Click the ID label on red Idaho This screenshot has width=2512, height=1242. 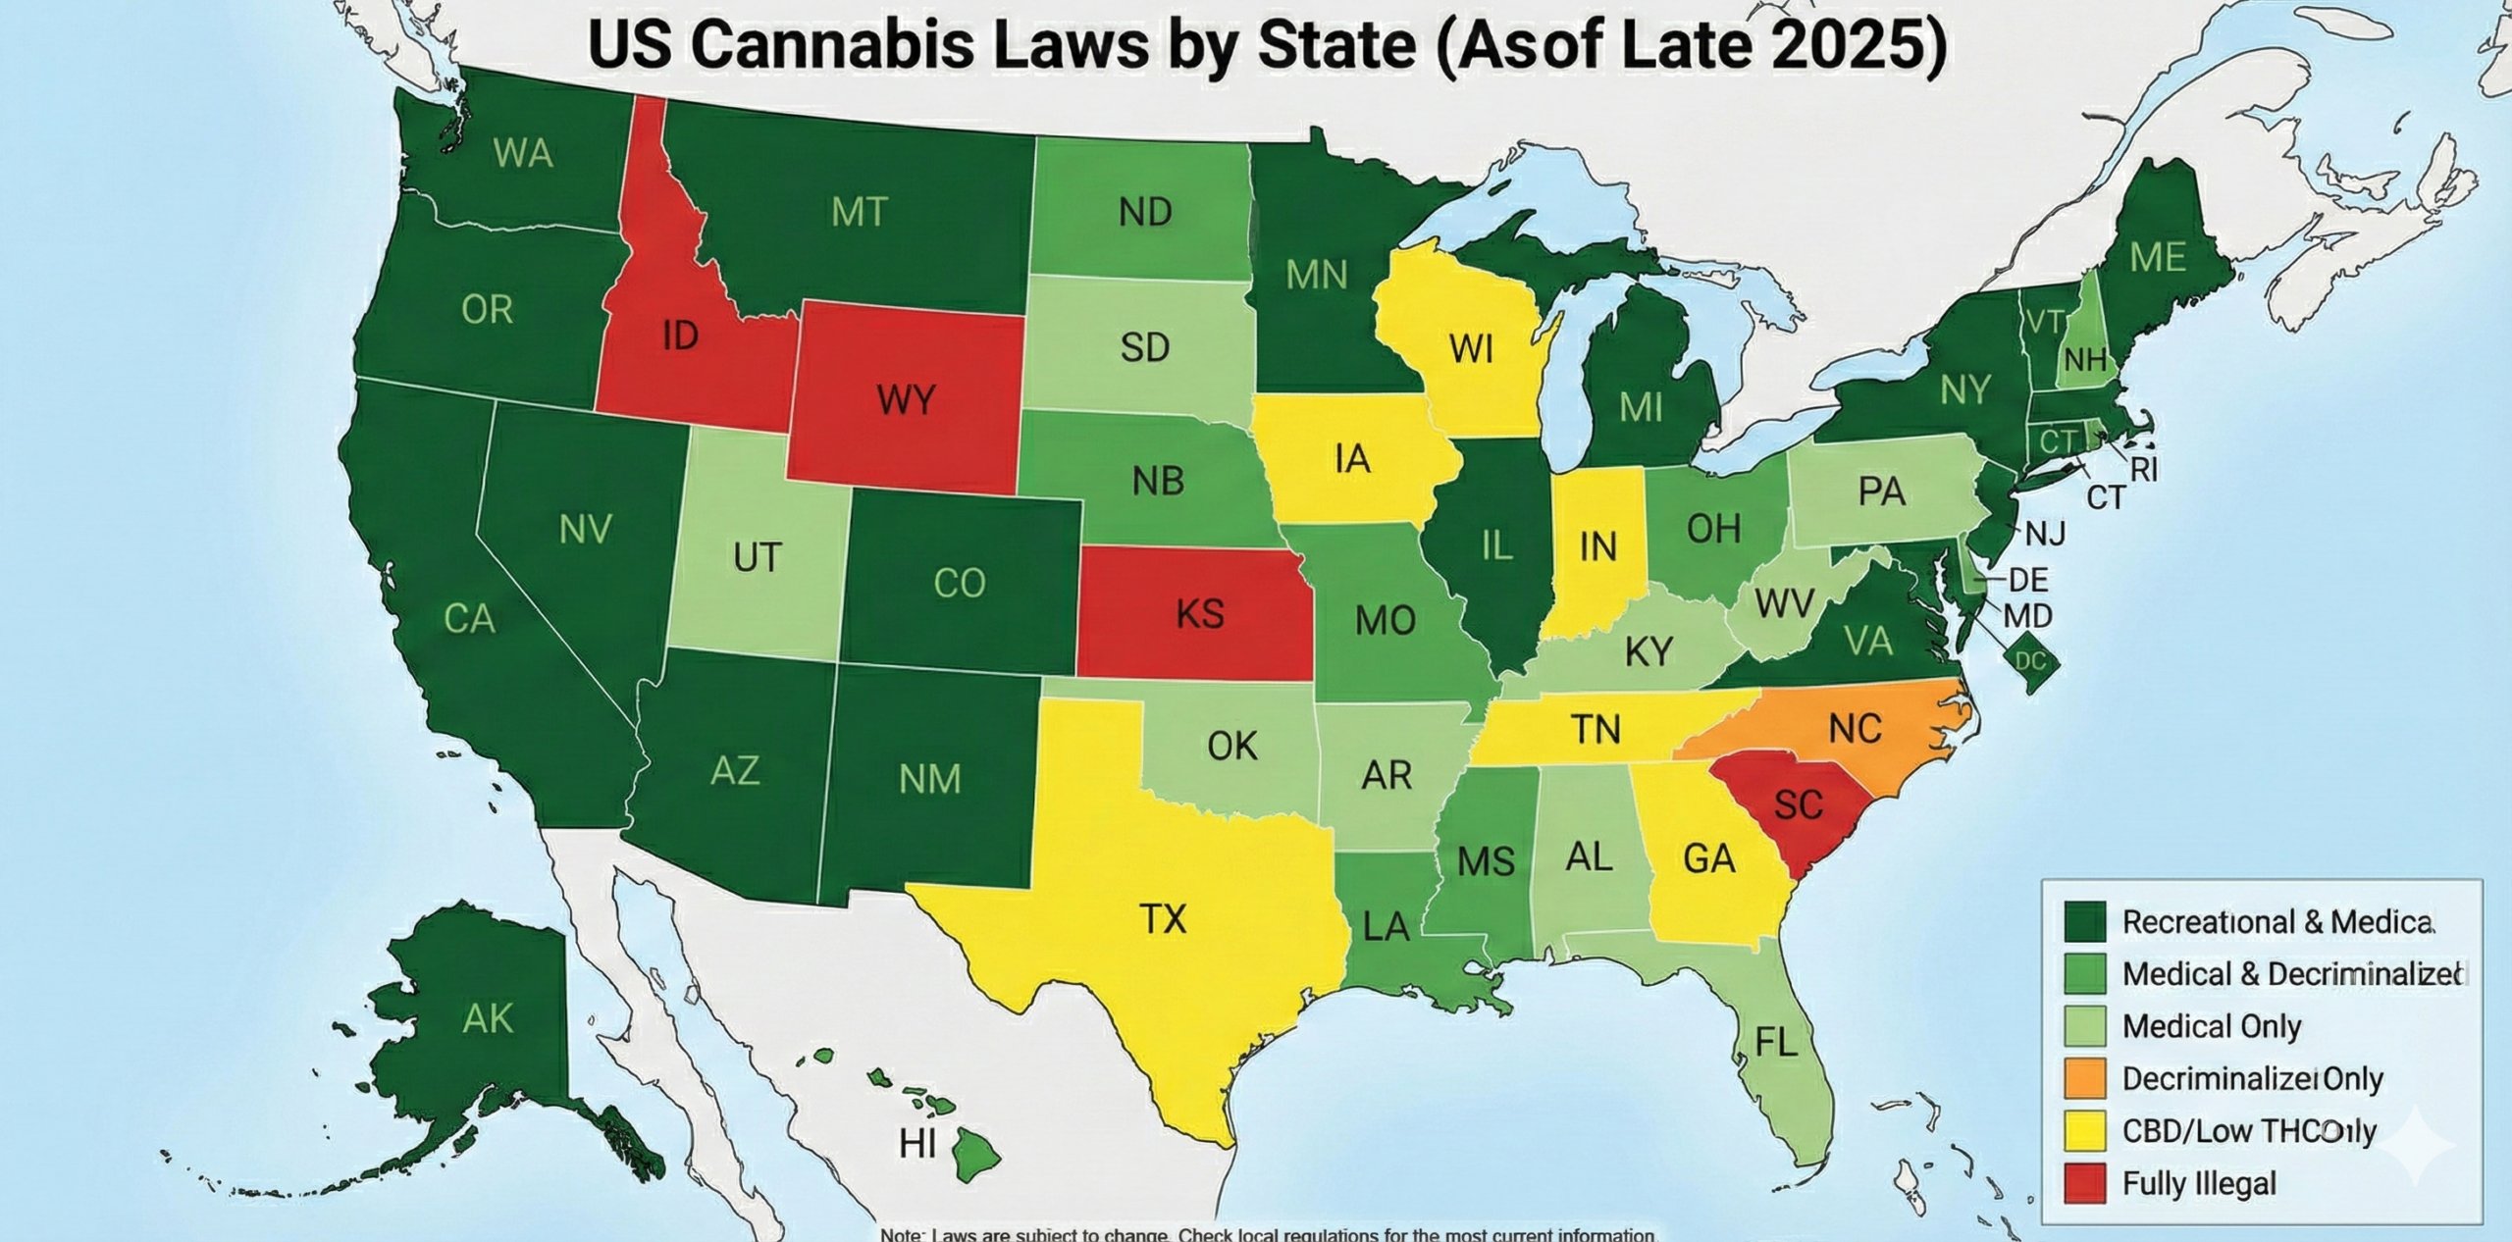coord(680,336)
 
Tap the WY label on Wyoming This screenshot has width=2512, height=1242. coord(906,400)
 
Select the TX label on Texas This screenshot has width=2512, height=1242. coord(1164,919)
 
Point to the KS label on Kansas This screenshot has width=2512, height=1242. coord(1199,614)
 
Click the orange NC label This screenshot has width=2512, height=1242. coord(1855,729)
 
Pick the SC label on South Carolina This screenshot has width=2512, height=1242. coord(1799,805)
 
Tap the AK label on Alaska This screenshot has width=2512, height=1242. coord(488,1019)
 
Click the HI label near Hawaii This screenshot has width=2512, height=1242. coord(917,1144)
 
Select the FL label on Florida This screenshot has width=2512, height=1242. coord(1776,1043)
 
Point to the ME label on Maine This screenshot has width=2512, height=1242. coord(2158,258)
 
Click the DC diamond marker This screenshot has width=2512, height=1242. coord(2030,662)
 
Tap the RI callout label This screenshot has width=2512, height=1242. coord(2144,471)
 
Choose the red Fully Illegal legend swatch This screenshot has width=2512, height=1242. coord(2085,1183)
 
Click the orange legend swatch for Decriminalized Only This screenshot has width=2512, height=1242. coord(2085,1078)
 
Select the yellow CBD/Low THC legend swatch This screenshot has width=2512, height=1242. coord(2085,1131)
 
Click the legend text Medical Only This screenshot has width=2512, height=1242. coord(2211,1026)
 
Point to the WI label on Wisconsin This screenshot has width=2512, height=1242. coord(1471,348)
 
